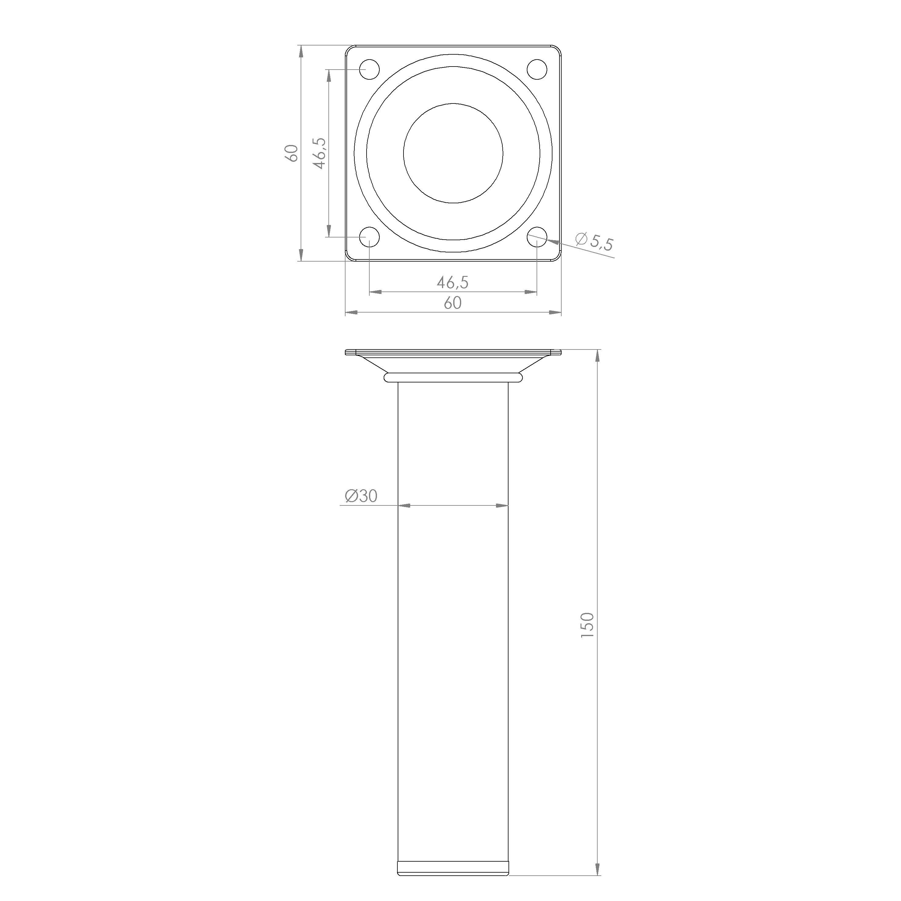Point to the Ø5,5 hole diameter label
click(594, 241)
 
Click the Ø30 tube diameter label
click(361, 496)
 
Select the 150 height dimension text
click(588, 625)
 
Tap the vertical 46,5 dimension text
click(319, 154)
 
